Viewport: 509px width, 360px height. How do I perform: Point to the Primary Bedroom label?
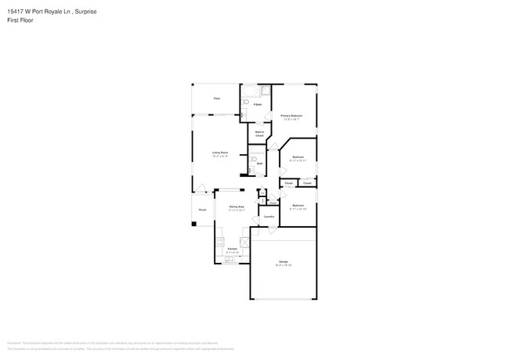pos(292,117)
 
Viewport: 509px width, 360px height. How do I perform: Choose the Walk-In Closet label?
pos(259,133)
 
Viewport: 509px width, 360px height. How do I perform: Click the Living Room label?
pos(219,153)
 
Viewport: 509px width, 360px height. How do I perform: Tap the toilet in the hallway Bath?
pos(254,159)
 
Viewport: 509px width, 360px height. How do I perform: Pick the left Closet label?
pos(288,183)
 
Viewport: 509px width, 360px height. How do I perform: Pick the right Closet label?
pos(308,183)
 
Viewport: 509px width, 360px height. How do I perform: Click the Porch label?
pos(202,210)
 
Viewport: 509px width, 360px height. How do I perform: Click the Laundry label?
pos(269,217)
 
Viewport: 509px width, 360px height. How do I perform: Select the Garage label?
pos(283,263)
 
